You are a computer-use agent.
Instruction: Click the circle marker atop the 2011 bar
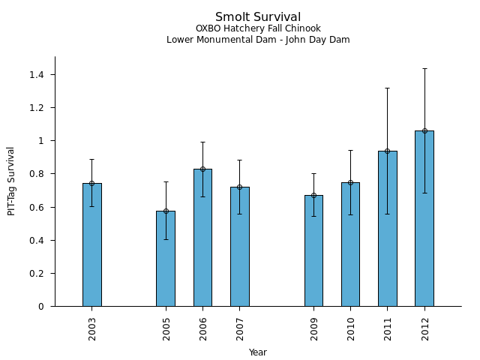(x=388, y=151)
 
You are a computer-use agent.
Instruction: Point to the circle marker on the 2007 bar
(x=239, y=187)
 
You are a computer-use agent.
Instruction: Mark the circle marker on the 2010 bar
(x=351, y=182)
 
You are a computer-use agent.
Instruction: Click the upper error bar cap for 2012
(x=424, y=68)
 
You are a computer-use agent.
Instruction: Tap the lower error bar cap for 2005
(x=166, y=239)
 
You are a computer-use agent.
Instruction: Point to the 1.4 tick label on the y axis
(x=36, y=75)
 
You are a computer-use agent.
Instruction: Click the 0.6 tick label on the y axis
(x=36, y=207)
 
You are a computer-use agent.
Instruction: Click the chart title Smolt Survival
(x=258, y=17)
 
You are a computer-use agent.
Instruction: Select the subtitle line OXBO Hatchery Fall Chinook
(x=258, y=29)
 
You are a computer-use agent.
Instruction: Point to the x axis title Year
(x=258, y=352)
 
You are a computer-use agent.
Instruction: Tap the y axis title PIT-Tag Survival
(x=12, y=181)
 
